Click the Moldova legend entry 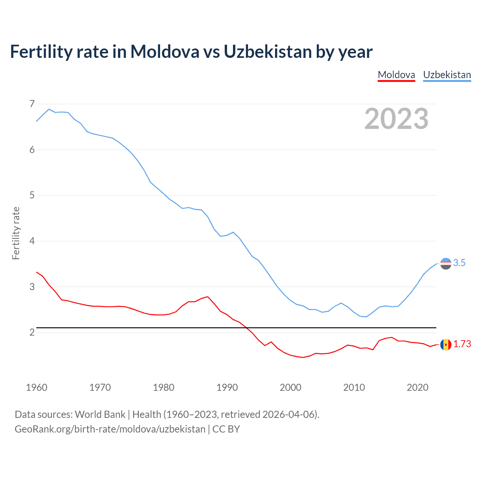(396, 75)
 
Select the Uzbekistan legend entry (447, 75)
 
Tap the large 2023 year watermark (396, 119)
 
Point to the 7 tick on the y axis (32, 104)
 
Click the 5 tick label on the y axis (32, 195)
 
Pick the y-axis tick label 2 (32, 332)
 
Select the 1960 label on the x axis (36, 387)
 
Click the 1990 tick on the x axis (227, 387)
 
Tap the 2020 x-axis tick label (417, 387)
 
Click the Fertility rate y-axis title (16, 233)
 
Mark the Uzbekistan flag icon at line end (446, 263)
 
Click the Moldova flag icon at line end (446, 344)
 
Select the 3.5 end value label (459, 263)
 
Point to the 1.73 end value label (462, 344)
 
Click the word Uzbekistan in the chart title (268, 51)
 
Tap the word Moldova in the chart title (165, 51)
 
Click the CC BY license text (226, 429)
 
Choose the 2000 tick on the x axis (290, 387)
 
